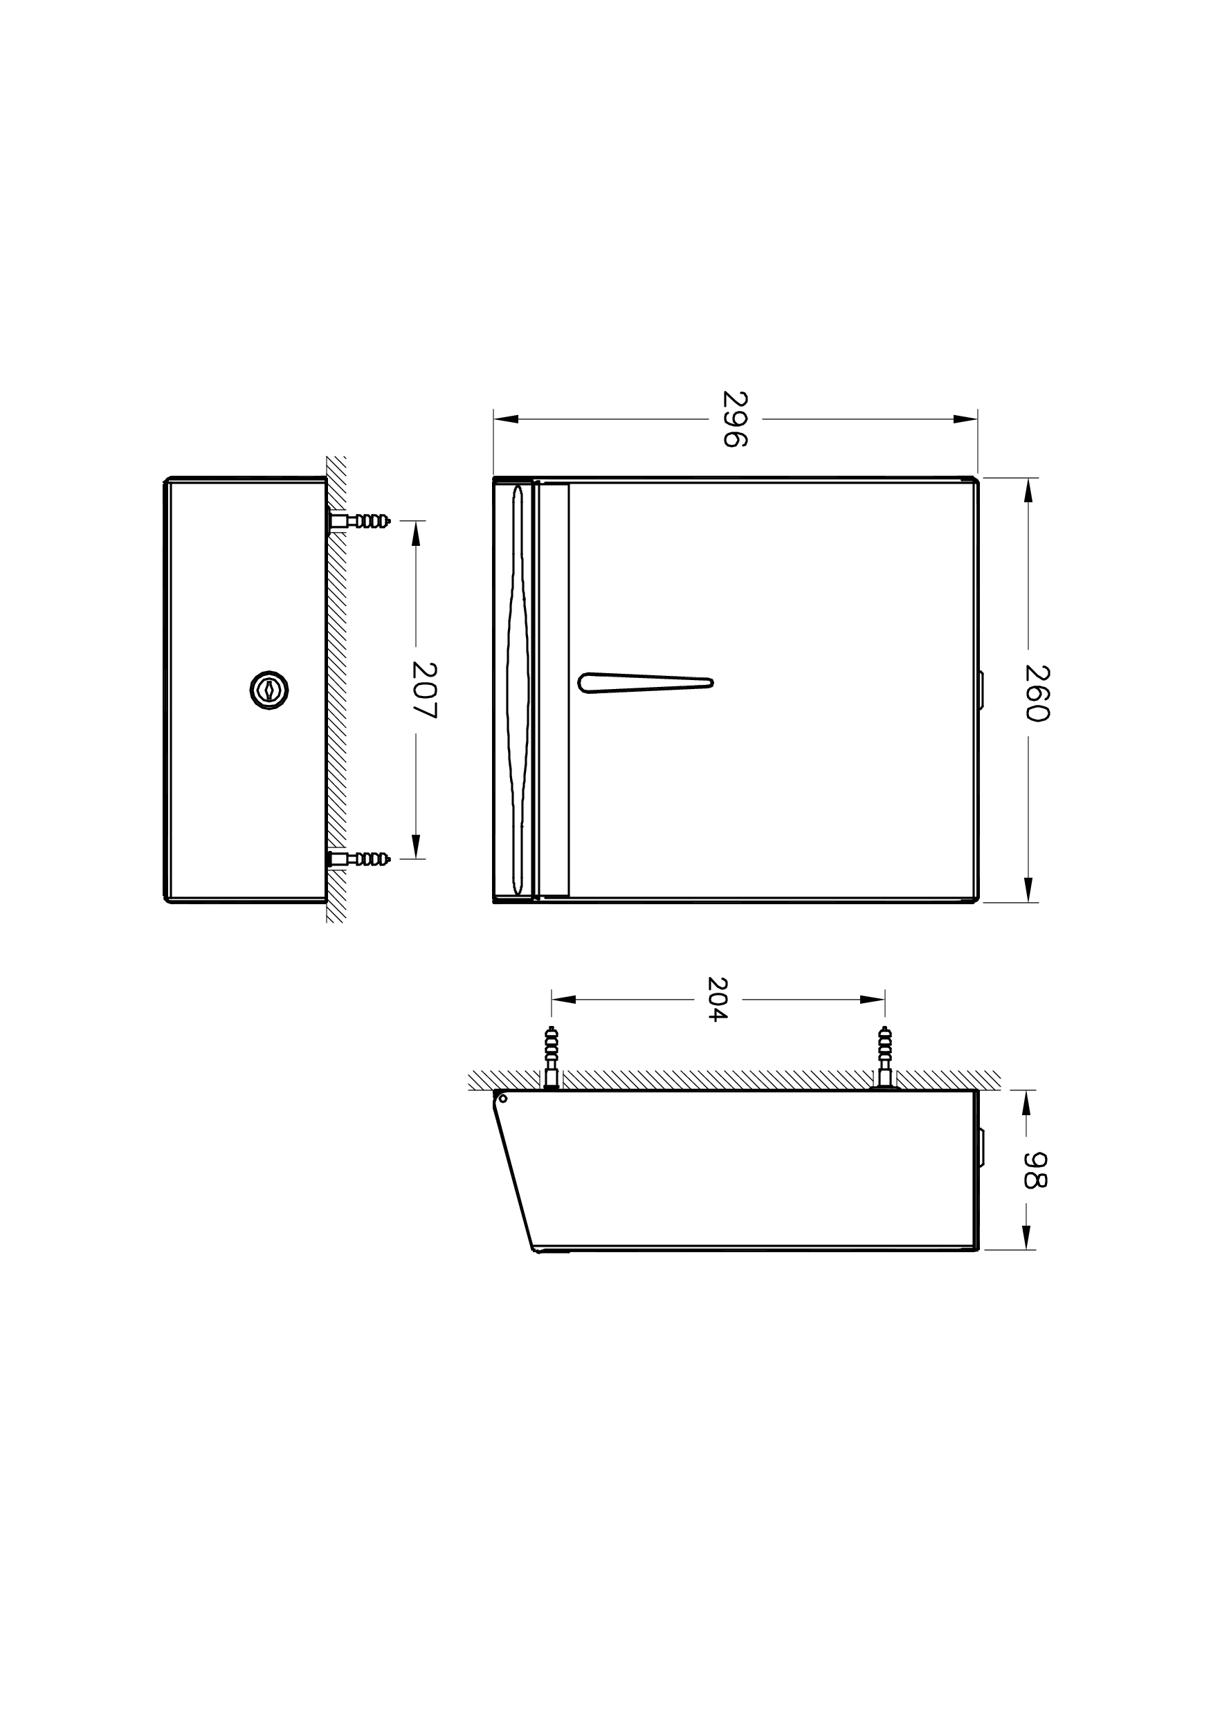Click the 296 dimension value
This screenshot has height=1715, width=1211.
coord(735,419)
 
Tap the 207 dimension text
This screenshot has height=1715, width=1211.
coord(424,690)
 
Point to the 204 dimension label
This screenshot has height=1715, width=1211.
coord(717,1000)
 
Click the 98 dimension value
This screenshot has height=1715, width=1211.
coord(1035,1170)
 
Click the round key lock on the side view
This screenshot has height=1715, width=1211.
coord(269,690)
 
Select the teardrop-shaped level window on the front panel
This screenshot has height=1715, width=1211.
coord(646,683)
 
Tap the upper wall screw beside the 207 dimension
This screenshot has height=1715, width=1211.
coord(358,521)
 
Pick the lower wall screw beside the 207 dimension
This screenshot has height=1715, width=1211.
coord(358,859)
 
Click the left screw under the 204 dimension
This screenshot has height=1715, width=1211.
coord(552,1058)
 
